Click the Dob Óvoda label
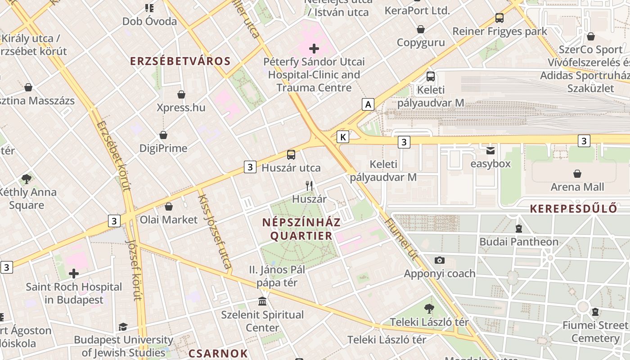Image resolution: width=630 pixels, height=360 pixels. [x=149, y=21]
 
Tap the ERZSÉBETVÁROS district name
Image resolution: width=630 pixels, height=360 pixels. [x=180, y=61]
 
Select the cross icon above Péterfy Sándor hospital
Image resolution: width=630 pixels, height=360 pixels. [x=314, y=48]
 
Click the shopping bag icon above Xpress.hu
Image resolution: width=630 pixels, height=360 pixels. [x=181, y=94]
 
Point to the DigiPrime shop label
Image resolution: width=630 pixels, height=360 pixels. [x=163, y=148]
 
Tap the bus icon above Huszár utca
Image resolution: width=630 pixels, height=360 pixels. [x=291, y=155]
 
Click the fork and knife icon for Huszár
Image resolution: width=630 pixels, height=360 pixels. [x=309, y=185]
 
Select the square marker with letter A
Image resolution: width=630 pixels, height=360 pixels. [x=368, y=104]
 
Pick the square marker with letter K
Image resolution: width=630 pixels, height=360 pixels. [x=343, y=137]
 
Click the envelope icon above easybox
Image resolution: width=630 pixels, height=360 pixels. [x=490, y=150]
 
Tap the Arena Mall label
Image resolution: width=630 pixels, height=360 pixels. [x=577, y=187]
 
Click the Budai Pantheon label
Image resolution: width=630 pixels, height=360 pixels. [x=518, y=242]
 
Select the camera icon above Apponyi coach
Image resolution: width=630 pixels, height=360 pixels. [x=440, y=260]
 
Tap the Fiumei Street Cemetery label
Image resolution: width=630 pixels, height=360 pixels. [x=595, y=332]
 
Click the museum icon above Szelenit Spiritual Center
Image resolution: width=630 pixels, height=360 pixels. [x=262, y=301]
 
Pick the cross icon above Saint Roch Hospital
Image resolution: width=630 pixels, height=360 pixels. [x=74, y=273]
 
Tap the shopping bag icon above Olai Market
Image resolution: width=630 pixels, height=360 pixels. [x=169, y=207]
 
